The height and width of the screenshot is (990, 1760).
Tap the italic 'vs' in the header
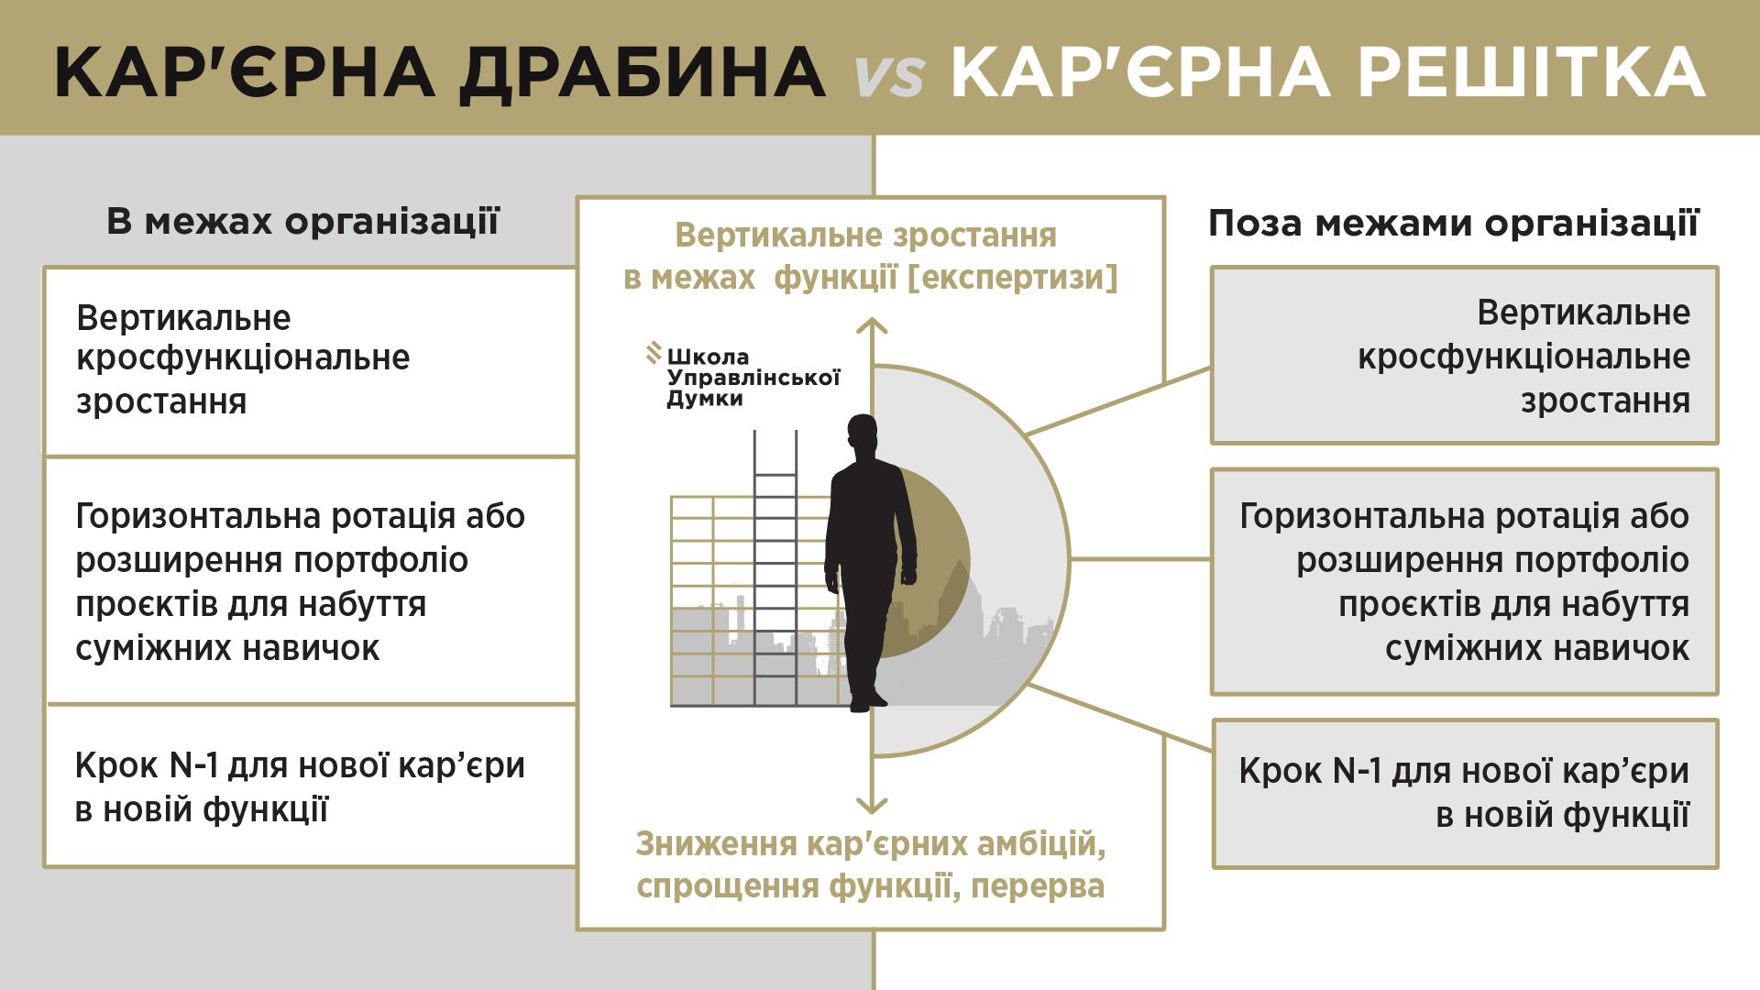[888, 75]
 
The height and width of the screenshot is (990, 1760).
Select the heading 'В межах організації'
[302, 222]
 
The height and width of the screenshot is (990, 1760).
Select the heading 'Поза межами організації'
[1453, 223]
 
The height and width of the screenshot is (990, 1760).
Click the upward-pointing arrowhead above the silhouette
[872, 325]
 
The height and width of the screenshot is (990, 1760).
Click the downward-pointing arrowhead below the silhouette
[872, 806]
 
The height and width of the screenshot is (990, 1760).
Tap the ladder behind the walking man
[775, 568]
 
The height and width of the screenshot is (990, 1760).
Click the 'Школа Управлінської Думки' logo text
[752, 377]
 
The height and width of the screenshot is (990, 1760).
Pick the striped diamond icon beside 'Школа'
[654, 353]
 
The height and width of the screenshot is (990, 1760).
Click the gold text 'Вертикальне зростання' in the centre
[865, 236]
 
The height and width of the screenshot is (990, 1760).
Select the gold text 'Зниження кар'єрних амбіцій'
[870, 843]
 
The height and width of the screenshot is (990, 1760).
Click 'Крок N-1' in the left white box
[146, 765]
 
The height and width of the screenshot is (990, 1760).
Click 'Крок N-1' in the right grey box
[1310, 771]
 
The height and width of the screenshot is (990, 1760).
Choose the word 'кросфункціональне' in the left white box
[243, 357]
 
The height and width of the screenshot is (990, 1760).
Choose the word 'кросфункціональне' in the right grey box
[1523, 357]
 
